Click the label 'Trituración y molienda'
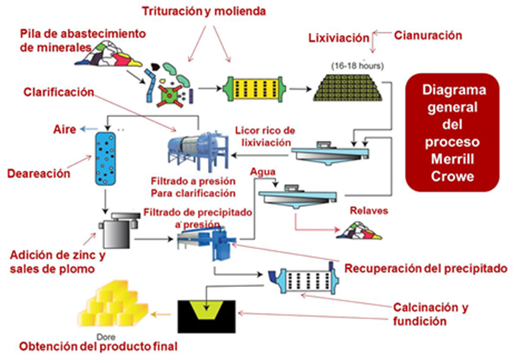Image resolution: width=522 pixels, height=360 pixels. [x=203, y=12]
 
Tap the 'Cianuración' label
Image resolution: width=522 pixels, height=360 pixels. [x=427, y=35]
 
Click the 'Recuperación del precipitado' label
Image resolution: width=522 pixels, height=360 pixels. [x=426, y=268]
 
